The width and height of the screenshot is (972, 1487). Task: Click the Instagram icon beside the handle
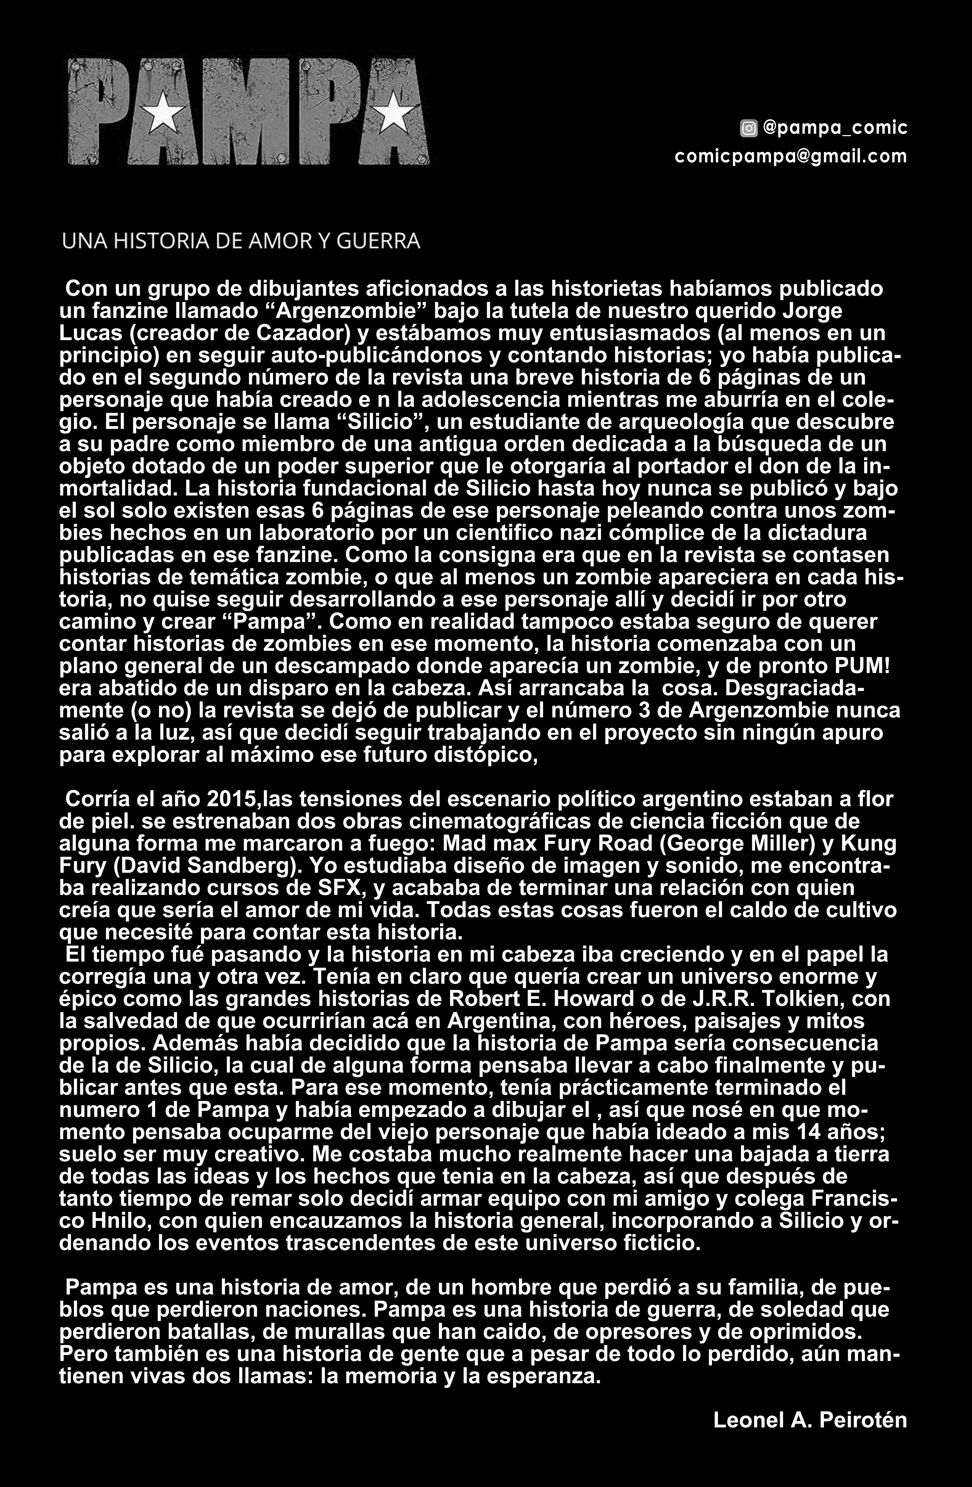tap(748, 129)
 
